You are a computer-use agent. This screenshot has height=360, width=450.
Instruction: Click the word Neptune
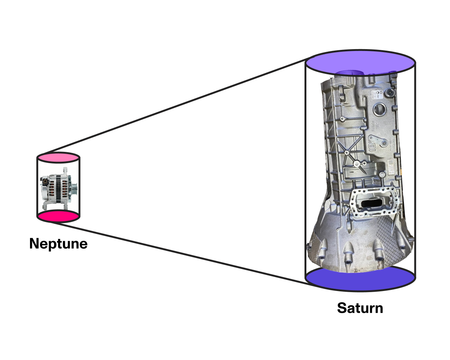(58, 244)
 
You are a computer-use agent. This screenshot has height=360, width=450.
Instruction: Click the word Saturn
(360, 308)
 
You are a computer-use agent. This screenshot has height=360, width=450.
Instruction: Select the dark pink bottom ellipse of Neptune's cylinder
(58, 217)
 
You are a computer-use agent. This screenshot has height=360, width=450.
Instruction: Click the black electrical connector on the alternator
(45, 181)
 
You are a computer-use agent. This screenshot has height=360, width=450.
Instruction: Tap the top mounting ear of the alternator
(65, 169)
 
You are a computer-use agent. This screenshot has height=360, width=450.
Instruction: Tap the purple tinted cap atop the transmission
(349, 73)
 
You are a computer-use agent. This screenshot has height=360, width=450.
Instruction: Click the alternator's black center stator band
(59, 187)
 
